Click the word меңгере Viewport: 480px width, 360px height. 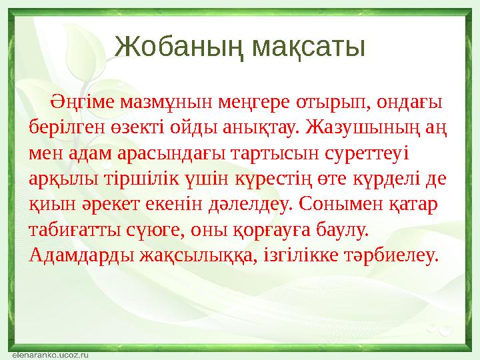coord(250,102)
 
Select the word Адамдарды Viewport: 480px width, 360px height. coord(81,254)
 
